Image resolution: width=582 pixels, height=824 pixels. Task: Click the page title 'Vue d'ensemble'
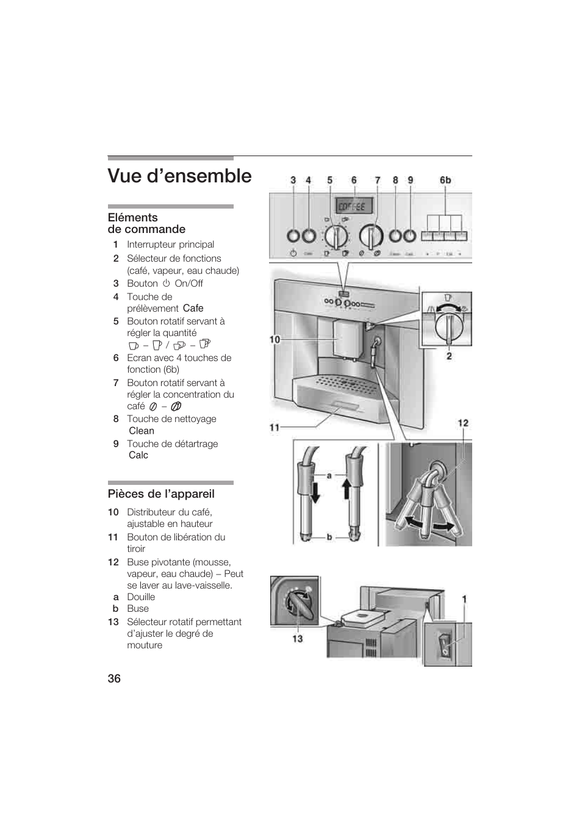179,176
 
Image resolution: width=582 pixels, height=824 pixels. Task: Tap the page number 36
114,679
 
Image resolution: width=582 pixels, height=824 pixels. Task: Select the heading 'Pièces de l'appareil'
161,494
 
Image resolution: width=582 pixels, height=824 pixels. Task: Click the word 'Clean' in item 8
142,431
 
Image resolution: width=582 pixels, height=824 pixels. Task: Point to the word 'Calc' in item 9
138,455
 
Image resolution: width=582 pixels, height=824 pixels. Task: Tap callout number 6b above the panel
445,180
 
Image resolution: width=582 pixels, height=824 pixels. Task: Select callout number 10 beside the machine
275,339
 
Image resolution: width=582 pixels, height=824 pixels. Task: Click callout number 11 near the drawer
275,428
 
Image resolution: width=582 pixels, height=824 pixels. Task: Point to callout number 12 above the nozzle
464,423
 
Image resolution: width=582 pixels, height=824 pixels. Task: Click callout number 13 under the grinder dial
297,639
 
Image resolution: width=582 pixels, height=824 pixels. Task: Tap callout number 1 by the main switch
464,600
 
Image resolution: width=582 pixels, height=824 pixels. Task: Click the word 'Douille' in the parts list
141,597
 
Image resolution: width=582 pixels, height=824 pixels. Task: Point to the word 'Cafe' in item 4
193,309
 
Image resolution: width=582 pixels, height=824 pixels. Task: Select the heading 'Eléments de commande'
146,223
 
